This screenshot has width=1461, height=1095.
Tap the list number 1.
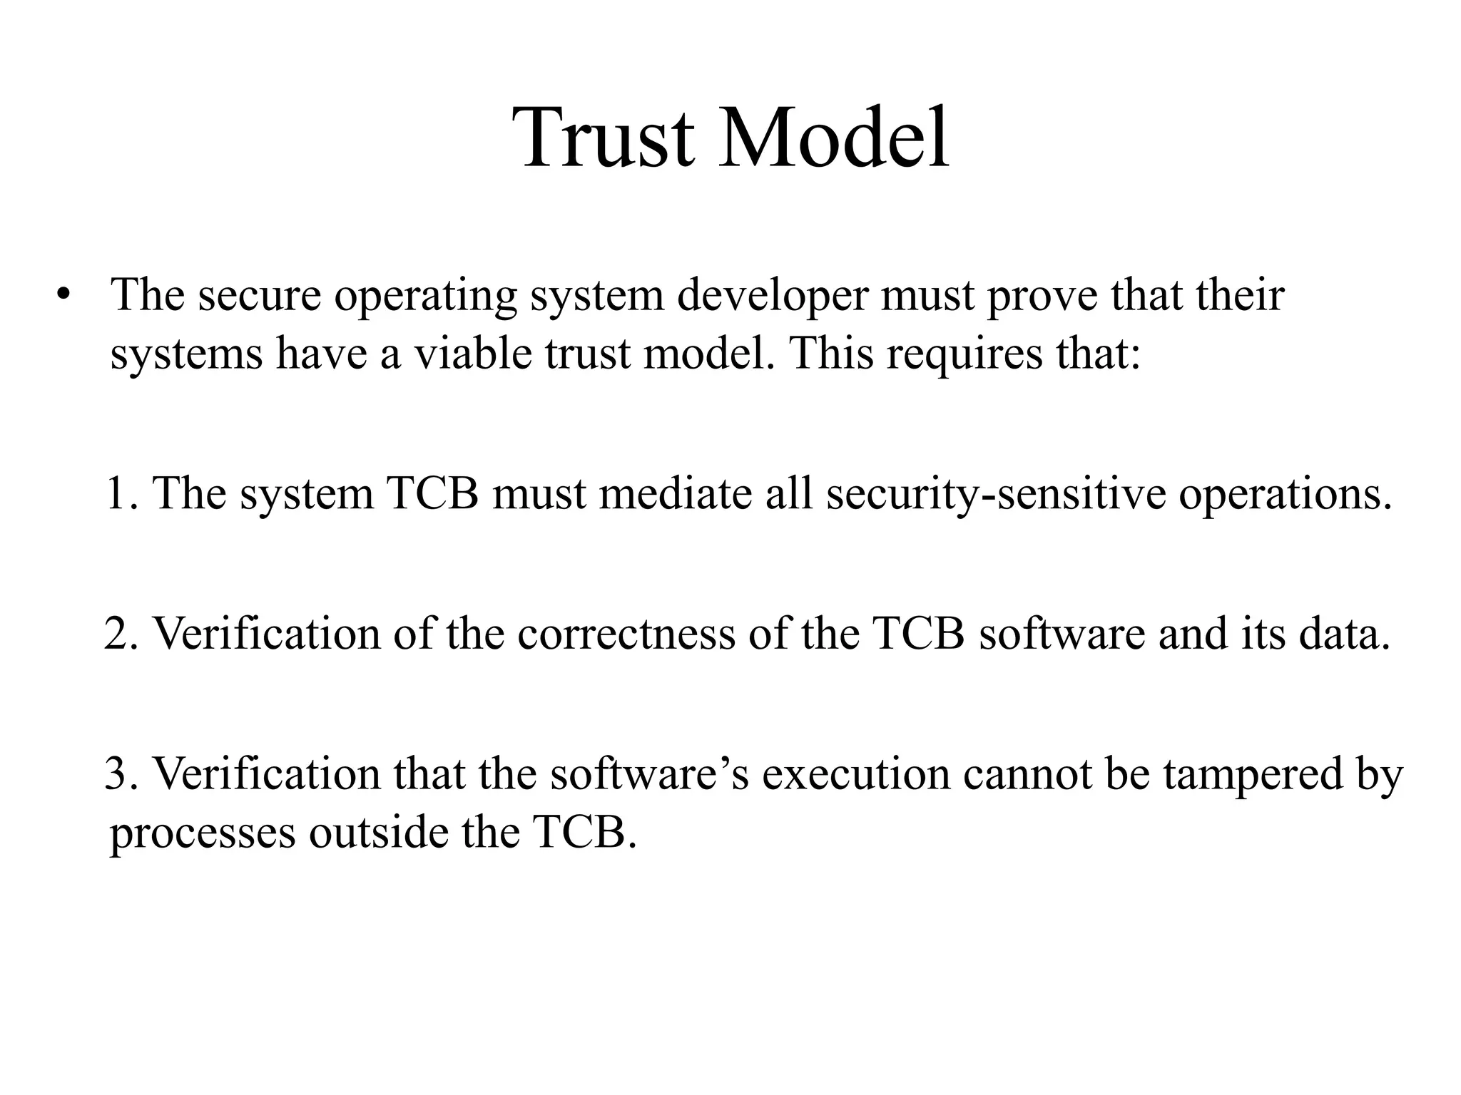(x=118, y=493)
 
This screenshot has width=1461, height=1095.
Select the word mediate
(x=676, y=493)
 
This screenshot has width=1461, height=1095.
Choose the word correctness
(x=626, y=633)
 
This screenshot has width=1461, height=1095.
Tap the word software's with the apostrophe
(x=648, y=773)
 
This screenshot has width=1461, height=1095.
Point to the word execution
(x=855, y=773)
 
